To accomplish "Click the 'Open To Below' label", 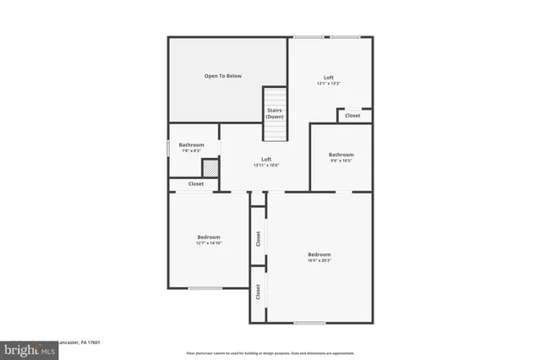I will click(x=222, y=76).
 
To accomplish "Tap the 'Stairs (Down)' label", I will click(x=274, y=113).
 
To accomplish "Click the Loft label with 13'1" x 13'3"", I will click(x=329, y=78).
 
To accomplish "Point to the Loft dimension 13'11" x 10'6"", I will click(x=266, y=166).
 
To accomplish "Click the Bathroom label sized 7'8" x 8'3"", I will click(x=191, y=145).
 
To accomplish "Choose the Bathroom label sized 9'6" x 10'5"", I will click(x=341, y=155).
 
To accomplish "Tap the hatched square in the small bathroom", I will click(x=210, y=167).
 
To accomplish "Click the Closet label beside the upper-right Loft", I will click(x=352, y=116).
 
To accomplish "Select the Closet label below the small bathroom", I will click(x=195, y=183).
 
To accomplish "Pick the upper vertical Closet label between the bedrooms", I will click(x=258, y=239).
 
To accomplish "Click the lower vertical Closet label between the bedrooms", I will click(x=258, y=292).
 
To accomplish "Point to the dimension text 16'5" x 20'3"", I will click(x=320, y=261).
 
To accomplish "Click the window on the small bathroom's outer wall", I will click(x=168, y=147).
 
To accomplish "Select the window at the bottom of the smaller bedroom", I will click(x=205, y=289).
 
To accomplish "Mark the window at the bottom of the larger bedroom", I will click(x=309, y=323).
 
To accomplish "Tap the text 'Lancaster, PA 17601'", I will click(x=79, y=343).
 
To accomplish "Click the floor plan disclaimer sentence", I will click(x=270, y=353).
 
